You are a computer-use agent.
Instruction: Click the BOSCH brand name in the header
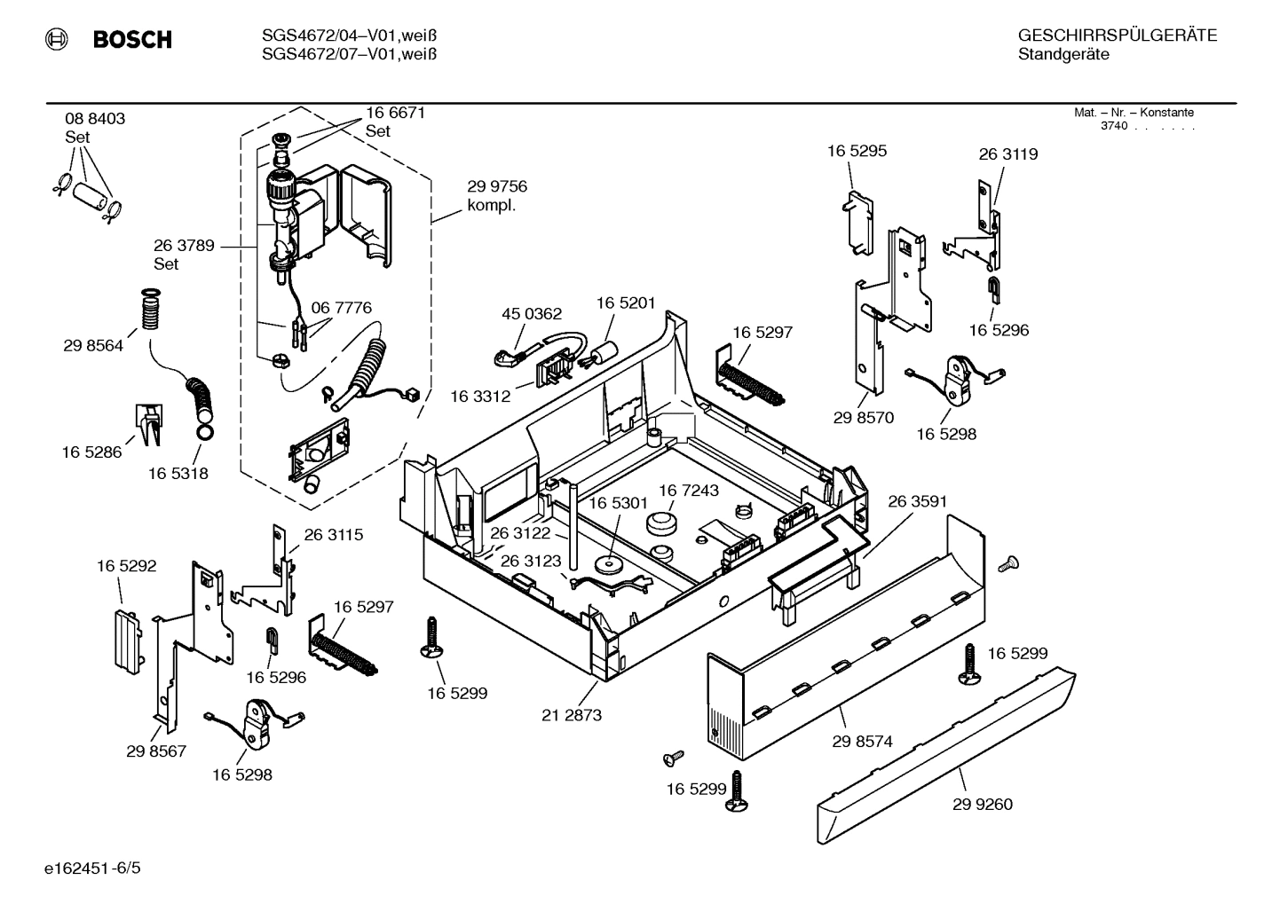tap(131, 40)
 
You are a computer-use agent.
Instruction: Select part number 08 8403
tap(95, 119)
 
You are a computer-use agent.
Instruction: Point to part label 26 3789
tap(184, 246)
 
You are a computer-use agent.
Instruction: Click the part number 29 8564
tap(93, 346)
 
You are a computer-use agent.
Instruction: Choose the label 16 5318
tap(178, 474)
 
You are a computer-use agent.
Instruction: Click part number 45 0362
tap(532, 314)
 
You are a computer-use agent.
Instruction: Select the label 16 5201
tap(626, 303)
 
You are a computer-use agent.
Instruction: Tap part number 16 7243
tap(689, 491)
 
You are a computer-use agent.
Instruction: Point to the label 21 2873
tap(572, 715)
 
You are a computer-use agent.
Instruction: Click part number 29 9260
tap(983, 805)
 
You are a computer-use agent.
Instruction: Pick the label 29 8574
tap(862, 742)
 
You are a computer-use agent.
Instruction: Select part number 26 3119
tap(1008, 154)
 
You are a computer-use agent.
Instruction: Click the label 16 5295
tap(857, 151)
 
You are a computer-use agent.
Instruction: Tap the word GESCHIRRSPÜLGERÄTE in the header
tap(1117, 35)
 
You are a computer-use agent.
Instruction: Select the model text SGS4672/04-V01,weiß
tap(350, 35)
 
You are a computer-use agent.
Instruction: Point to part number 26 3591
tap(918, 501)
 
